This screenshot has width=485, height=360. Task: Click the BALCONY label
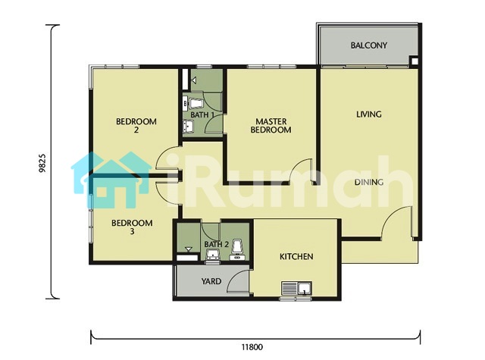pyautogui.click(x=369, y=45)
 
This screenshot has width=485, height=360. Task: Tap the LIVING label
pyautogui.click(x=369, y=114)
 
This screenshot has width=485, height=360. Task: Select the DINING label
pyautogui.click(x=369, y=182)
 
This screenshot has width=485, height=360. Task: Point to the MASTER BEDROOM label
pyautogui.click(x=271, y=126)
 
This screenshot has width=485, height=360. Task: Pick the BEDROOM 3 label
pyautogui.click(x=132, y=227)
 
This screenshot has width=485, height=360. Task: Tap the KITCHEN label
pyautogui.click(x=296, y=256)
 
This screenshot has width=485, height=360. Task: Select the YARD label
pyautogui.click(x=211, y=281)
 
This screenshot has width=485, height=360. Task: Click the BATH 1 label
pyautogui.click(x=202, y=114)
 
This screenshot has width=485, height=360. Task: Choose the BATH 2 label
pyautogui.click(x=216, y=244)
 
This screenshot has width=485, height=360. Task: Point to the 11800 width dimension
pyautogui.click(x=252, y=347)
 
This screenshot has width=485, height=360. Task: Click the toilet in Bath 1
pyautogui.click(x=195, y=103)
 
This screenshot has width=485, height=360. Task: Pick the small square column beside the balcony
pyautogui.click(x=414, y=61)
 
